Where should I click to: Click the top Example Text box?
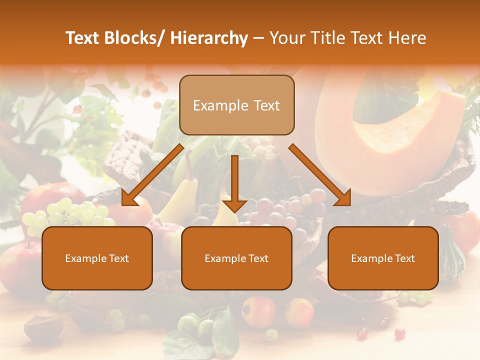(x=236, y=105)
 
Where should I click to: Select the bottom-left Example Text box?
(x=97, y=258)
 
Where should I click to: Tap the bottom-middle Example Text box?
(x=236, y=258)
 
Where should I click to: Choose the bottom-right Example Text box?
(x=383, y=258)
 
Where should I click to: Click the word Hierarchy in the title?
(x=209, y=38)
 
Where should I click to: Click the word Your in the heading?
(x=286, y=38)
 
